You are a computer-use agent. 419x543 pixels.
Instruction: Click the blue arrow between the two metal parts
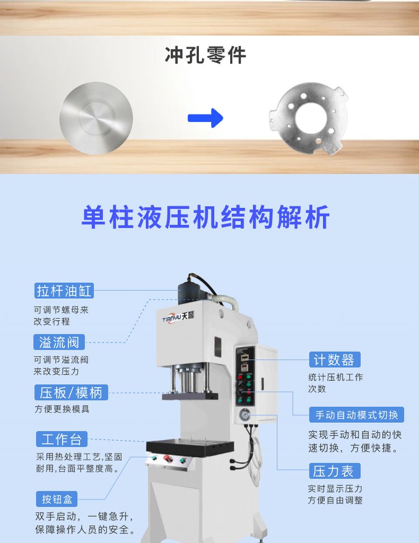(x=206, y=118)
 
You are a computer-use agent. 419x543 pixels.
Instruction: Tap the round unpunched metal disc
(x=96, y=118)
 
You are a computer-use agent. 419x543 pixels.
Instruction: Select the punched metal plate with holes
(x=309, y=118)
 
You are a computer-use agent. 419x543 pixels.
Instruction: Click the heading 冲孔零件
(x=205, y=55)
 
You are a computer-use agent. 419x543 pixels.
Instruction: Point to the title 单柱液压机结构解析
(x=206, y=217)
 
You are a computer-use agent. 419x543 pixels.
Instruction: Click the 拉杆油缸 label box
(x=64, y=290)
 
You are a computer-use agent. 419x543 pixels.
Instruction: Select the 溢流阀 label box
(x=59, y=342)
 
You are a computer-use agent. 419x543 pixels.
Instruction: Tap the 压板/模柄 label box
(x=71, y=392)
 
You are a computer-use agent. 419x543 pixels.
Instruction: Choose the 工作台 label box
(x=61, y=439)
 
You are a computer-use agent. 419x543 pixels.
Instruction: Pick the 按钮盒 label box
(x=57, y=499)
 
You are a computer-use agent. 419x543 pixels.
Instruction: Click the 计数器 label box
(x=335, y=360)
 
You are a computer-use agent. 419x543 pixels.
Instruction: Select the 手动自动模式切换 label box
(x=356, y=415)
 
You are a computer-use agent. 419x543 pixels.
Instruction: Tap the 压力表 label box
(x=335, y=471)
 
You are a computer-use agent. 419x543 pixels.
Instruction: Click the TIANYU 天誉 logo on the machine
(x=178, y=317)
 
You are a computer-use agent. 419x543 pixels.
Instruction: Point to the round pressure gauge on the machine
(x=245, y=414)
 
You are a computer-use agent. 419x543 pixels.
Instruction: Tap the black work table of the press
(x=189, y=447)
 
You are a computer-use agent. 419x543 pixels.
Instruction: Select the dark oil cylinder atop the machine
(x=192, y=294)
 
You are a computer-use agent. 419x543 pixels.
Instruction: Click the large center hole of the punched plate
(x=311, y=117)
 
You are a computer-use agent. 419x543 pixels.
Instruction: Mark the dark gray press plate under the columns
(x=190, y=396)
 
